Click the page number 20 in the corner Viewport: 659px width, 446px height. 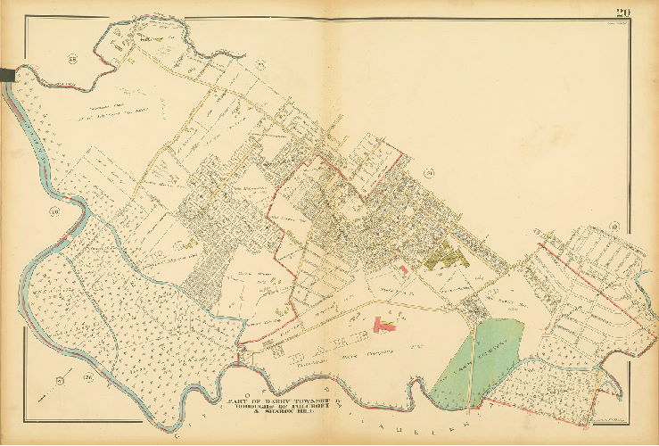(622, 11)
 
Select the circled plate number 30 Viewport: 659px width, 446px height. (54, 211)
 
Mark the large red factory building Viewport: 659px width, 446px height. (386, 326)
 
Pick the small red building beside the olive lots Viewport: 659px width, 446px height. (404, 268)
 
